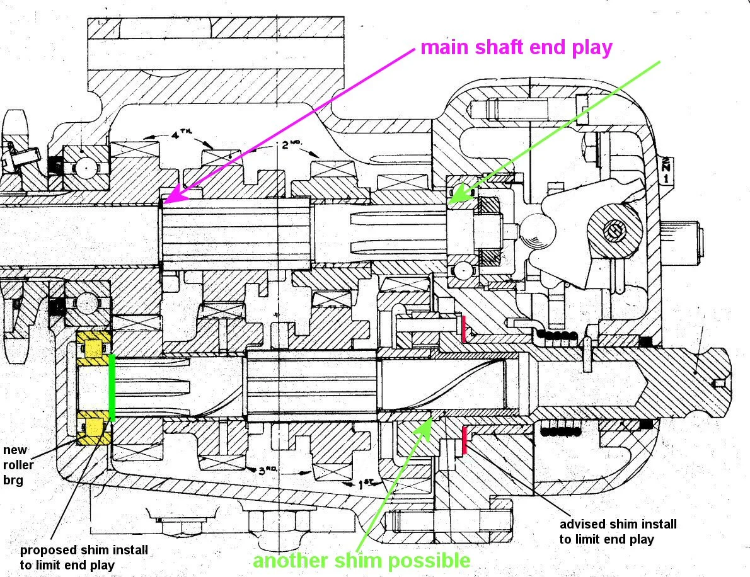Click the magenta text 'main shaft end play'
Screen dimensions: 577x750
click(516, 48)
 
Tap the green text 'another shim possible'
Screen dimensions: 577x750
click(361, 561)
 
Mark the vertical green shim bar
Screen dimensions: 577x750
click(112, 387)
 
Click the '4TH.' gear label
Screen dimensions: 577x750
click(183, 134)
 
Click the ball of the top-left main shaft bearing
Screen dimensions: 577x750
click(88, 168)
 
